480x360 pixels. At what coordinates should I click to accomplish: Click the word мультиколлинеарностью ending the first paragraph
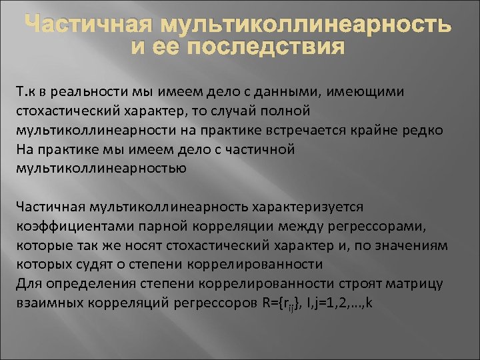coord(100,167)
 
